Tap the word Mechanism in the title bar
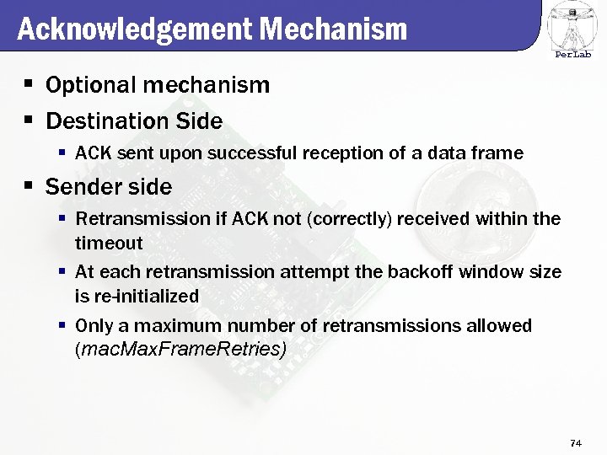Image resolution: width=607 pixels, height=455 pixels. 334,29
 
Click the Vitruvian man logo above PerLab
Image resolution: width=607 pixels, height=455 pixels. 573,25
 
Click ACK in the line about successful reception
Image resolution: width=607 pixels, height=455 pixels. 91,153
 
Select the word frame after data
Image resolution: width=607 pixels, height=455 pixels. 499,153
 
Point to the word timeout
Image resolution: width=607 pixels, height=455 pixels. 109,243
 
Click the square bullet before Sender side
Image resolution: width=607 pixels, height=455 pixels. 30,186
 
